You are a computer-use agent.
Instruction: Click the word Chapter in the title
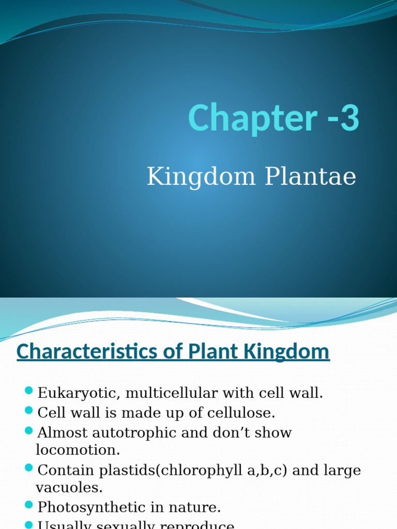coord(252,118)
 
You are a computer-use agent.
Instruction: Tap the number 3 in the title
coord(350,118)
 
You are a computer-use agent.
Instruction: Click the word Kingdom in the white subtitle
coord(202,177)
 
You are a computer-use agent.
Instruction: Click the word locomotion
coord(78,450)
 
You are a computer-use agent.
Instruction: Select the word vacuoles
coord(69,487)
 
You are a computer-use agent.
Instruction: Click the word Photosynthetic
coord(93,507)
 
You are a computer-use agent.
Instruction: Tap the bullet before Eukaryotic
coord(28,391)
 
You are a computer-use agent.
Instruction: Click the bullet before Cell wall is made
coord(28,411)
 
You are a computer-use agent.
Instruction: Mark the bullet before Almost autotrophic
coord(28,430)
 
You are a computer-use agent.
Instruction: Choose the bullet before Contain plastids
coord(28,468)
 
